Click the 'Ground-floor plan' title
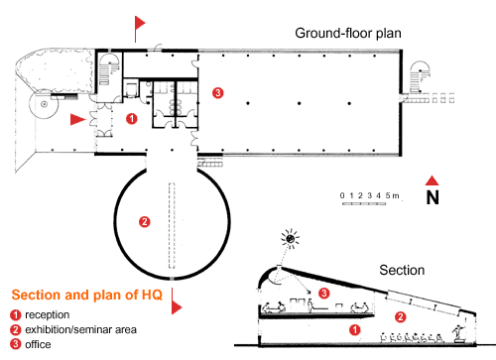click(348, 34)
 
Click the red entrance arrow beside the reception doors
click(78, 119)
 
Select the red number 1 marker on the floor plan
click(132, 118)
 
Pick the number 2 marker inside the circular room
click(145, 221)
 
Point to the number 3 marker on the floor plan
click(217, 92)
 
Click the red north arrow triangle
click(432, 180)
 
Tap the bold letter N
click(433, 197)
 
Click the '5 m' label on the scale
click(392, 195)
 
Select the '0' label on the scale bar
click(342, 195)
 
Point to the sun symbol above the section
click(290, 238)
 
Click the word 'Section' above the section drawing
click(402, 270)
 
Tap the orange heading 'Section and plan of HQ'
click(87, 295)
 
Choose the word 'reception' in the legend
click(48, 314)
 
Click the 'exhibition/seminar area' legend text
click(80, 329)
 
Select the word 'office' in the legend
click(38, 344)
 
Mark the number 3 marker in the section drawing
click(323, 293)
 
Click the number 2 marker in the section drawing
click(400, 317)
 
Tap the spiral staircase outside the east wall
click(420, 76)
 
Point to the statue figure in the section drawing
click(458, 333)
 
